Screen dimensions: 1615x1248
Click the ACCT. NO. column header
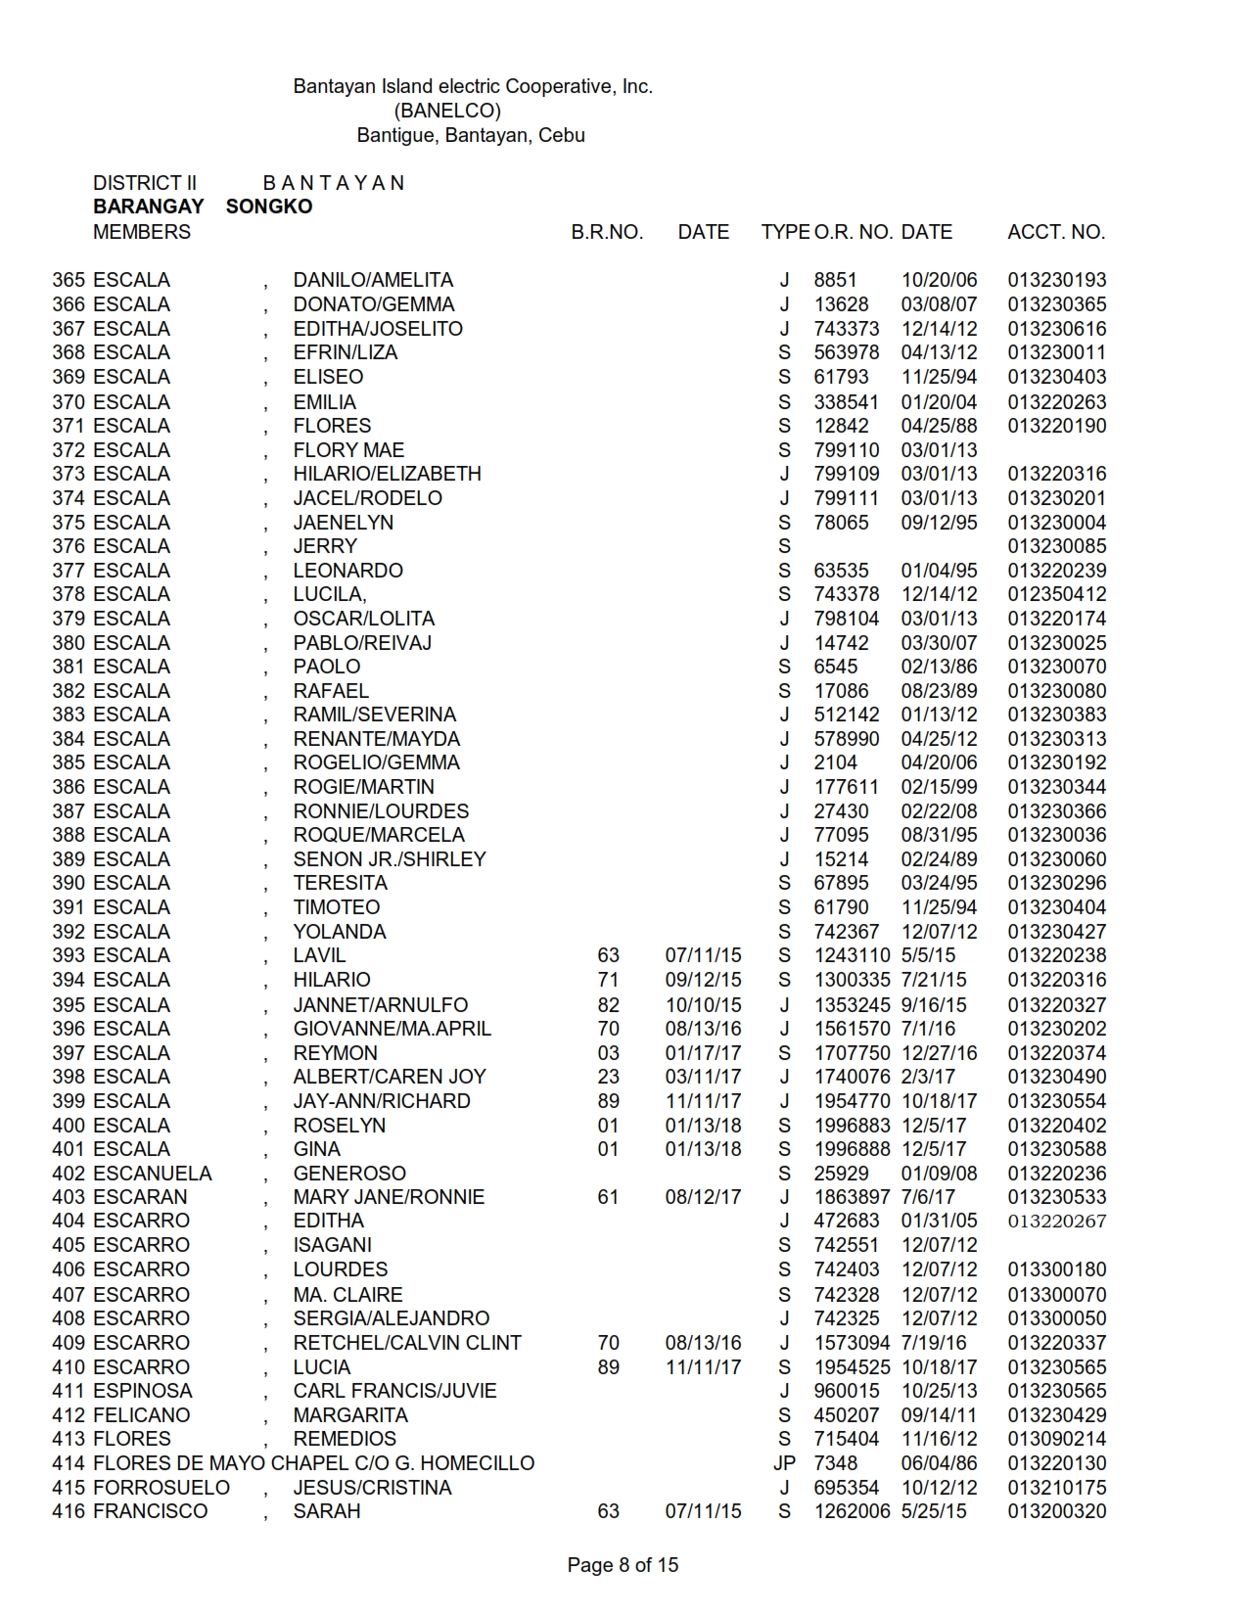click(x=1056, y=232)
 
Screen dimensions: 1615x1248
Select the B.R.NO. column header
click(x=607, y=232)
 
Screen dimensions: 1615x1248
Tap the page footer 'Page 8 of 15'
click(x=623, y=1565)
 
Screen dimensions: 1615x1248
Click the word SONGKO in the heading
click(x=269, y=207)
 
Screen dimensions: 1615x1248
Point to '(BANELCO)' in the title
click(x=447, y=111)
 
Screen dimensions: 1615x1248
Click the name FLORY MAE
click(x=348, y=450)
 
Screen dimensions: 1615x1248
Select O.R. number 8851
click(x=835, y=280)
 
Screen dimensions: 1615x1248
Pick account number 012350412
click(x=1057, y=594)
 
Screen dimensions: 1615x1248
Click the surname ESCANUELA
click(x=152, y=1173)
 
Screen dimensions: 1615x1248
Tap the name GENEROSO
click(x=349, y=1173)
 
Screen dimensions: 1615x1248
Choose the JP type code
click(x=784, y=1463)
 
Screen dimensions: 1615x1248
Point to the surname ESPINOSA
click(x=143, y=1391)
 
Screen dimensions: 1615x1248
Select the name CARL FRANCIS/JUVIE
click(x=394, y=1391)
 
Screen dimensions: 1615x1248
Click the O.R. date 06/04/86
click(x=939, y=1463)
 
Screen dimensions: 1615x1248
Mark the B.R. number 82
click(x=608, y=1005)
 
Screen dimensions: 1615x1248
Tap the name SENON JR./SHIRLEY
click(x=390, y=859)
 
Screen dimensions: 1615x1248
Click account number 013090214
click(x=1057, y=1439)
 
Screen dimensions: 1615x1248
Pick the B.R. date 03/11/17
click(x=703, y=1077)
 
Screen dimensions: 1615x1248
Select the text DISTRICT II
click(x=145, y=183)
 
